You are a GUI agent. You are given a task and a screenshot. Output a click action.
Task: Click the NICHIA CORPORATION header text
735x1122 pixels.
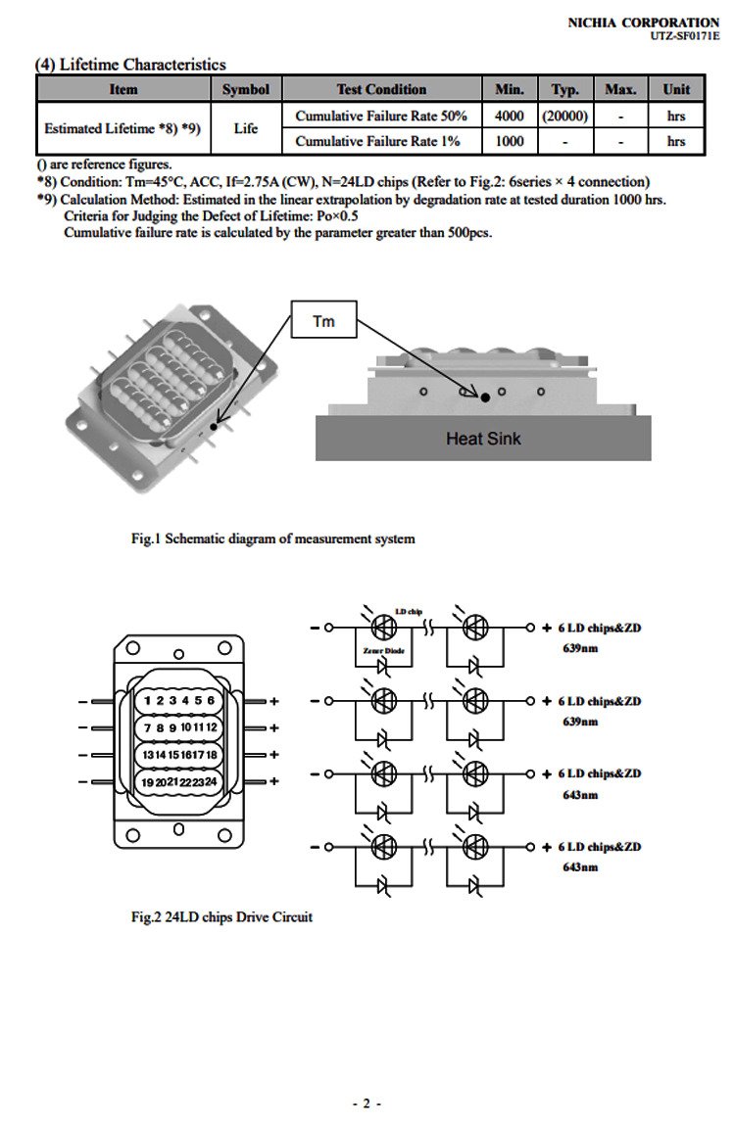(x=643, y=22)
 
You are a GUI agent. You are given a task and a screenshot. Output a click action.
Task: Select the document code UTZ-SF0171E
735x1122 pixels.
(x=684, y=35)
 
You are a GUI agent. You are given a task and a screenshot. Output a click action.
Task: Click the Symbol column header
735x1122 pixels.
(x=245, y=89)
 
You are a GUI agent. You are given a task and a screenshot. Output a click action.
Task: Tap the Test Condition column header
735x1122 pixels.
(x=381, y=89)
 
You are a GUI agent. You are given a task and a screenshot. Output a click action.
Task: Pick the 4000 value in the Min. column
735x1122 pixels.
(x=510, y=116)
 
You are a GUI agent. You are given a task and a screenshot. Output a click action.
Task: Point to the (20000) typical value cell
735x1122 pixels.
(x=564, y=116)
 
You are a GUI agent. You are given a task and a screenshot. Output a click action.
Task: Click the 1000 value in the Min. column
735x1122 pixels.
(x=510, y=141)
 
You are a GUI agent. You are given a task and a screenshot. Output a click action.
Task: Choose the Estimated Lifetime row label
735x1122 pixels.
(x=122, y=128)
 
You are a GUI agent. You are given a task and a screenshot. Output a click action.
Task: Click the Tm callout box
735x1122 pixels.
(x=323, y=321)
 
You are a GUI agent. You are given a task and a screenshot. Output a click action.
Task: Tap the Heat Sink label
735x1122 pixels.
(x=483, y=439)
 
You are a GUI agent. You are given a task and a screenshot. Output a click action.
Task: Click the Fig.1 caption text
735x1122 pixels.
(x=273, y=538)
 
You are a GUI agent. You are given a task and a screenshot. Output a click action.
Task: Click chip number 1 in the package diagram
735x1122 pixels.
(x=147, y=700)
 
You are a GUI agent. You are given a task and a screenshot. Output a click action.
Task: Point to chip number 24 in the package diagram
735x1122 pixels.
(x=210, y=781)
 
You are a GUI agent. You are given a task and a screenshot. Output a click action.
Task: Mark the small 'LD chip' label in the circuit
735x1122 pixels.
(x=408, y=612)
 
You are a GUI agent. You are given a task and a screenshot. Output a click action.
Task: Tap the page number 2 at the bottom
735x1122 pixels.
(x=367, y=1103)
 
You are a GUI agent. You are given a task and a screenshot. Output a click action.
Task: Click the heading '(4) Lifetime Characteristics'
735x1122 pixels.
(x=130, y=65)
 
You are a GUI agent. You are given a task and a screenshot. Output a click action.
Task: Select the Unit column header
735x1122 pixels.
(x=676, y=89)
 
